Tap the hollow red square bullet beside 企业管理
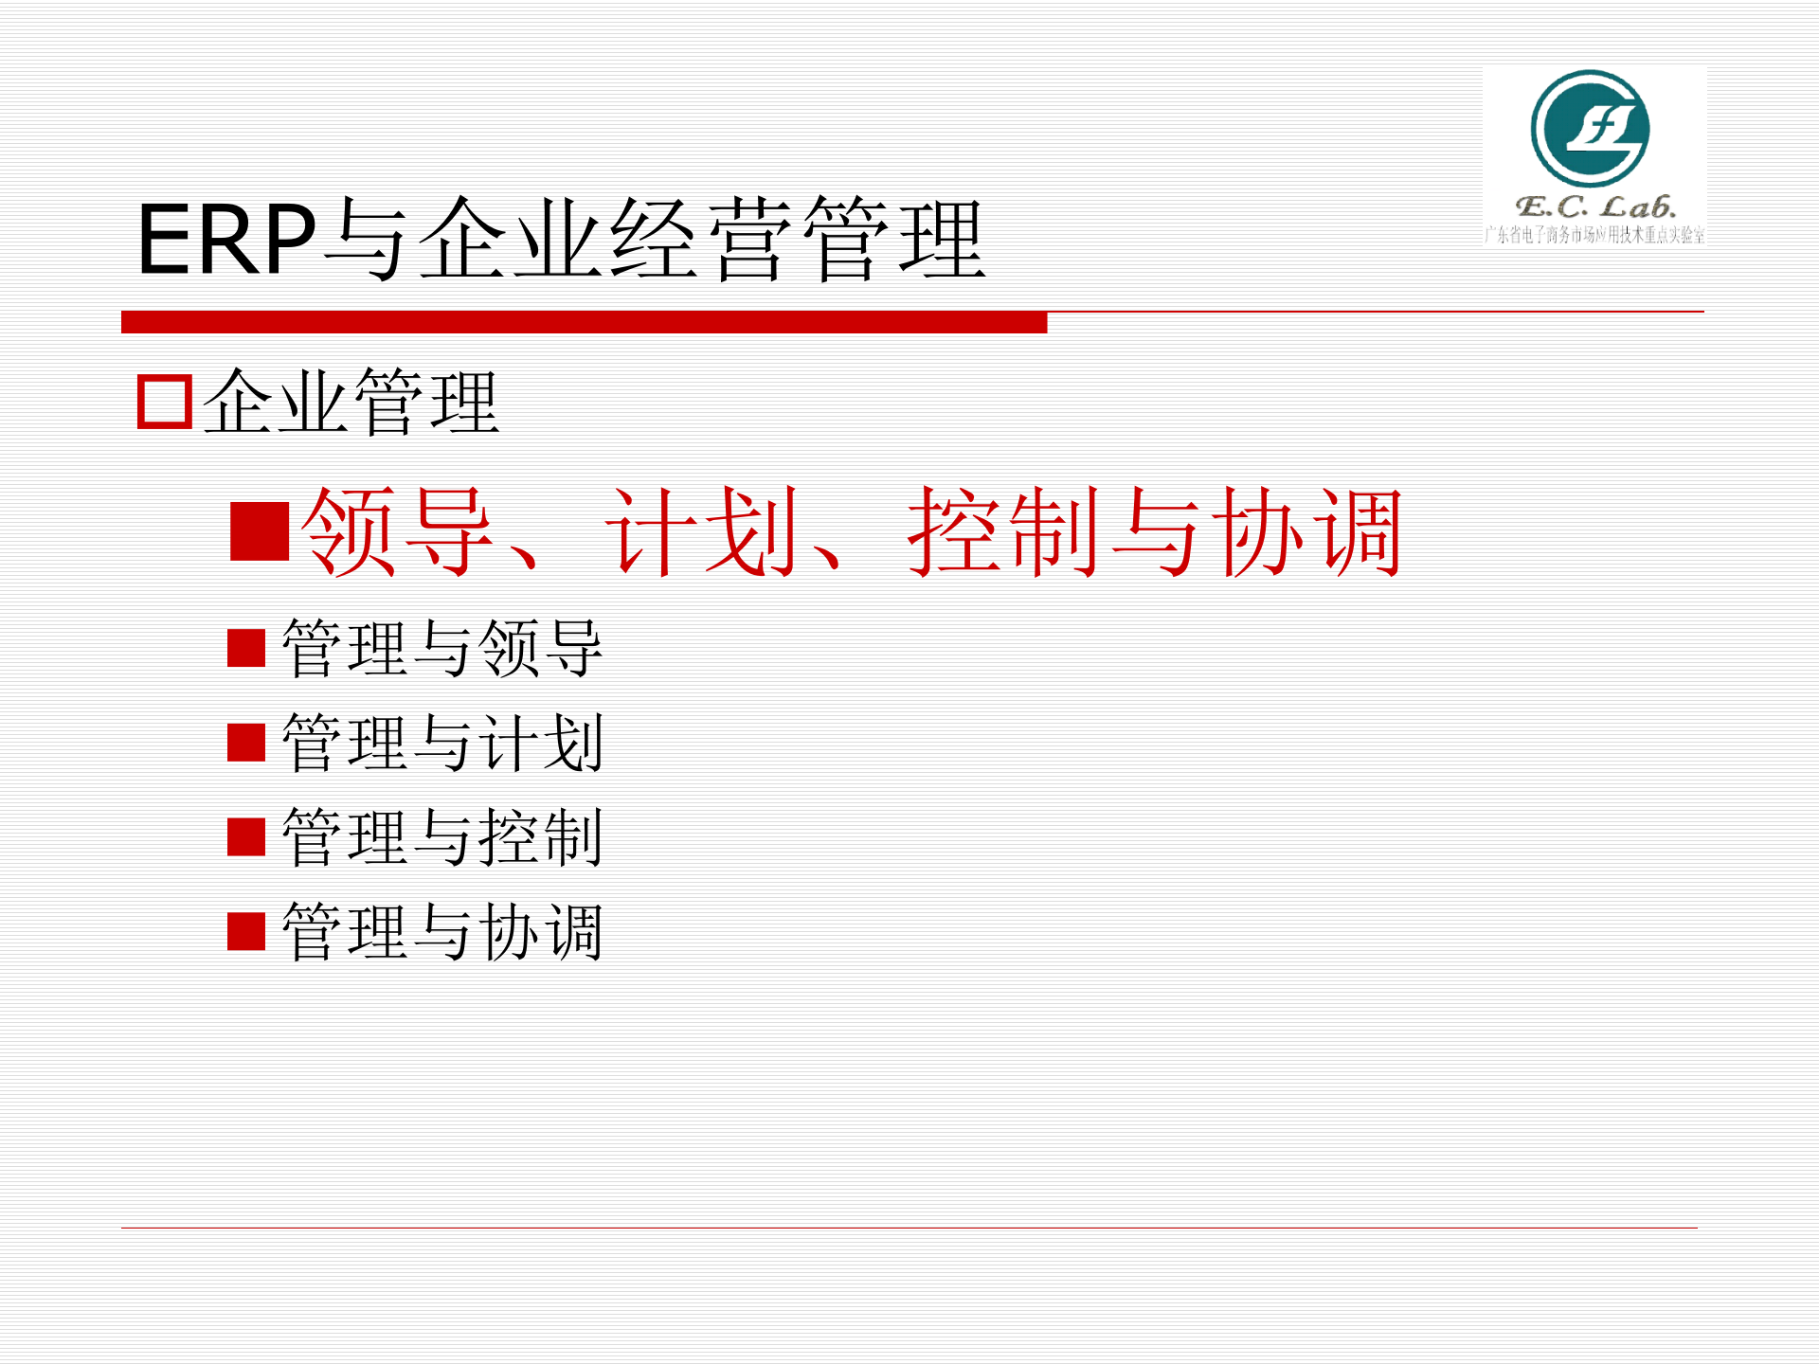pyautogui.click(x=165, y=402)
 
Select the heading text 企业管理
pyautogui.click(x=351, y=402)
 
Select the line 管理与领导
pyautogui.click(x=442, y=649)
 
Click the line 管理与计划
pyautogui.click(x=442, y=744)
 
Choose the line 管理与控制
pyautogui.click(x=442, y=837)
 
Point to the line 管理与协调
pyautogui.click(x=442, y=932)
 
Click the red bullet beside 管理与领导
pyautogui.click(x=246, y=649)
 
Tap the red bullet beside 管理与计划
pyautogui.click(x=246, y=743)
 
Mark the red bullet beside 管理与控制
pyautogui.click(x=246, y=837)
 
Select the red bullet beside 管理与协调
pyautogui.click(x=246, y=931)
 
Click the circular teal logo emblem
pyautogui.click(x=1590, y=129)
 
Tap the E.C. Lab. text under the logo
pyautogui.click(x=1595, y=206)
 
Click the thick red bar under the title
pyautogui.click(x=584, y=322)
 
